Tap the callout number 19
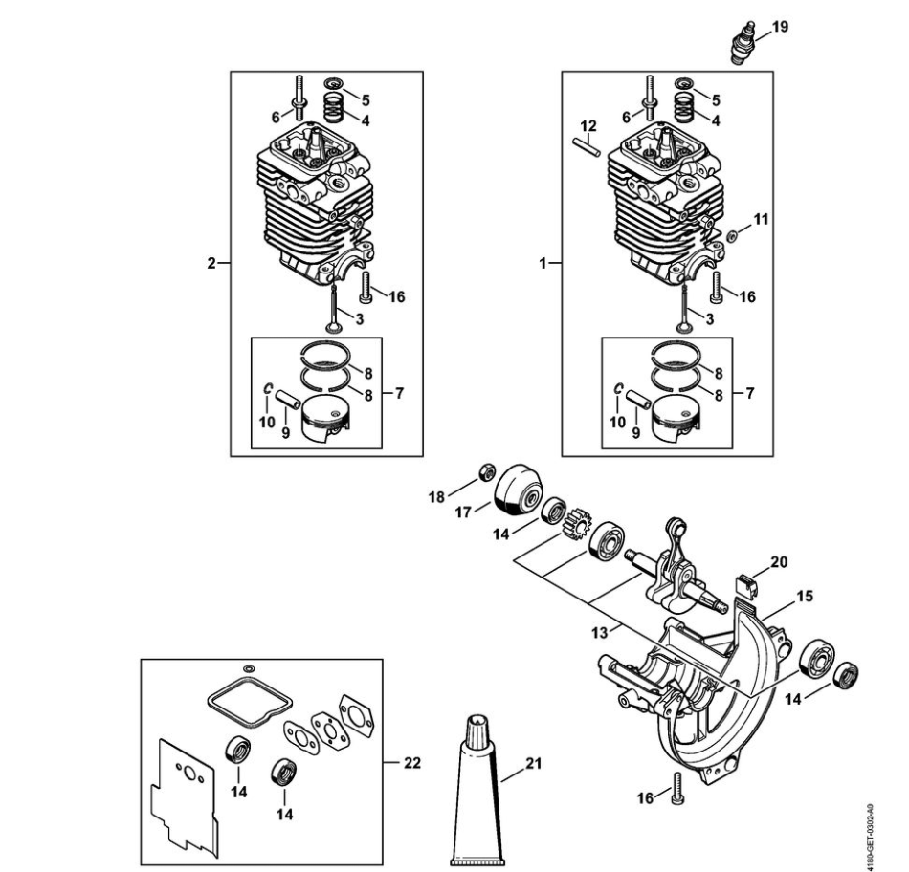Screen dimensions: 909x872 click(780, 27)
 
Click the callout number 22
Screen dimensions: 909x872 click(412, 763)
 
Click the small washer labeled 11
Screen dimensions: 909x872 click(733, 235)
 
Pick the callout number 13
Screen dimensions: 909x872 click(599, 633)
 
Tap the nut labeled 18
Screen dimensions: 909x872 click(486, 472)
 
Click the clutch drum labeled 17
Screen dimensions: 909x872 click(518, 490)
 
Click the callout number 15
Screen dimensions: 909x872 click(806, 597)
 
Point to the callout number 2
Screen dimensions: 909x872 click(211, 264)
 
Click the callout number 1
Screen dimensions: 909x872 click(543, 264)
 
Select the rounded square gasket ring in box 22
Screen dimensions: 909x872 click(251, 701)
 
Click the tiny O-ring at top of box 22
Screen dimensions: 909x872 click(250, 668)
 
